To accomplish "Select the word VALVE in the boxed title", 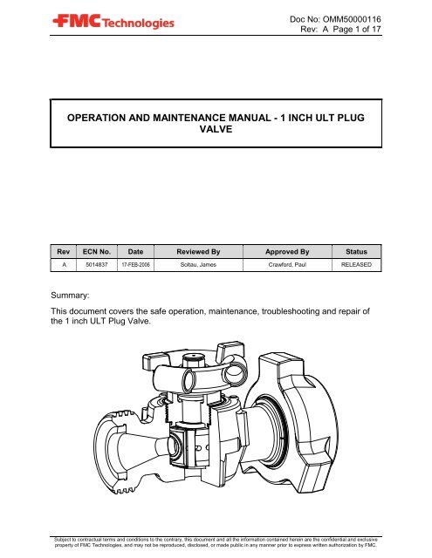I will [x=216, y=133].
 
